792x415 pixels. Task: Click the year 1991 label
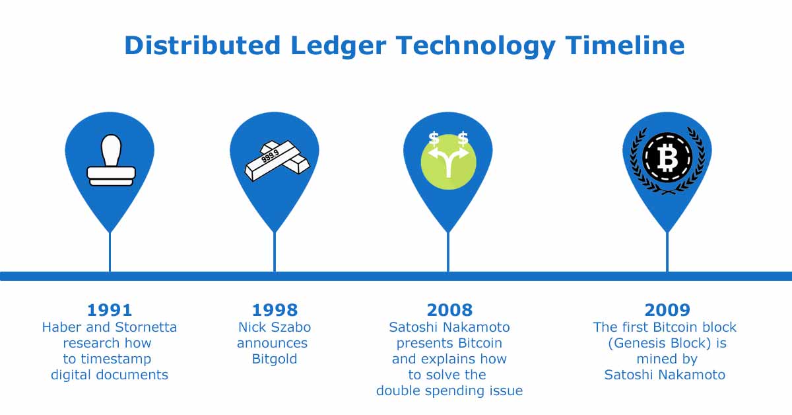110,310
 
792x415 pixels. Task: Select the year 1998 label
275,310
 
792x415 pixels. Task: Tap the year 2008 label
449,310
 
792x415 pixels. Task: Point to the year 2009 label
667,310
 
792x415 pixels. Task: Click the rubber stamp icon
111,160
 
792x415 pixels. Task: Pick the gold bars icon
277,161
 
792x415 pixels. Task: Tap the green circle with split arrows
448,162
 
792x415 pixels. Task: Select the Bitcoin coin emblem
667,157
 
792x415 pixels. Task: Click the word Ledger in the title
338,46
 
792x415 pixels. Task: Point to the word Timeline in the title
625,46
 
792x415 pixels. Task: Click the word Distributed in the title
203,46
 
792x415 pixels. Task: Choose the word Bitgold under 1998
275,359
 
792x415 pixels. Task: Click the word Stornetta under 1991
146,327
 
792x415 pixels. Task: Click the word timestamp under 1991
116,359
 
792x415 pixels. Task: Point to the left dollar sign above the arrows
434,139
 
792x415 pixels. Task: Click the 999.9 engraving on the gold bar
270,156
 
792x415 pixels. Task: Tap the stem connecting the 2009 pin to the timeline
667,252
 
